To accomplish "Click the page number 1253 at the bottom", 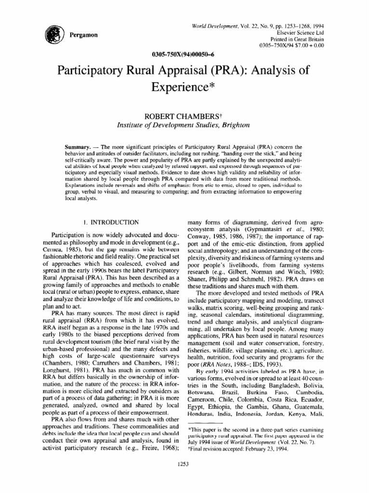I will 185,478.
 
